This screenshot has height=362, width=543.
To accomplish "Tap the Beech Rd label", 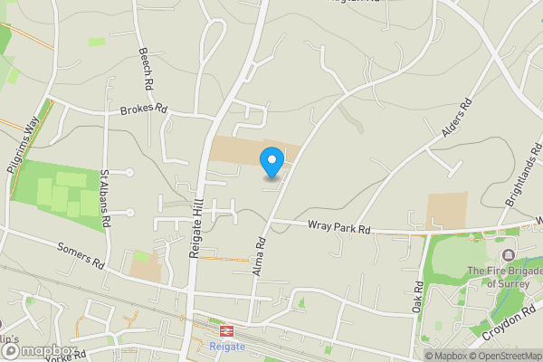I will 144,69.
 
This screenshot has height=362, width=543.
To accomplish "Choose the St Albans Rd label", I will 105,196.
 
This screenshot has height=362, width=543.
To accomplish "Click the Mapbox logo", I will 38,351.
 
